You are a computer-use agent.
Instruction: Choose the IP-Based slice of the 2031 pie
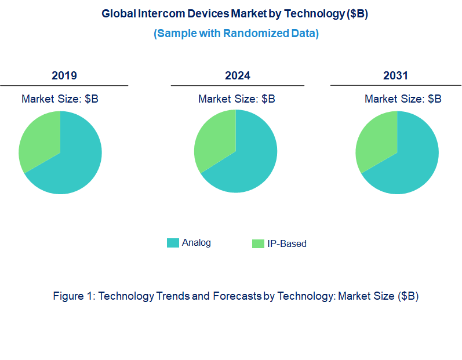[x=376, y=142]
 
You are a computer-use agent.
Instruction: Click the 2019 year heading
[x=64, y=75]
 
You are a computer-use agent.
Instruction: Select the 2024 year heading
[x=238, y=75]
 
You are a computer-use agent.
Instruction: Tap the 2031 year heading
[x=395, y=75]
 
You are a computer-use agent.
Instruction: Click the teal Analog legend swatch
[x=173, y=243]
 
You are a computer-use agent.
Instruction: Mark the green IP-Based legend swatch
[x=258, y=244]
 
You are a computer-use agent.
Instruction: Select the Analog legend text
[x=197, y=243]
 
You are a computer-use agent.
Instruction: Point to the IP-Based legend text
[x=286, y=244]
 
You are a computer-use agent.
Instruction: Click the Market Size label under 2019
[x=60, y=99]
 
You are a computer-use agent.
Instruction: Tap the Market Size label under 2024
[x=237, y=99]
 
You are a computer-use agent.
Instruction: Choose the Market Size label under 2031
[x=403, y=99]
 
